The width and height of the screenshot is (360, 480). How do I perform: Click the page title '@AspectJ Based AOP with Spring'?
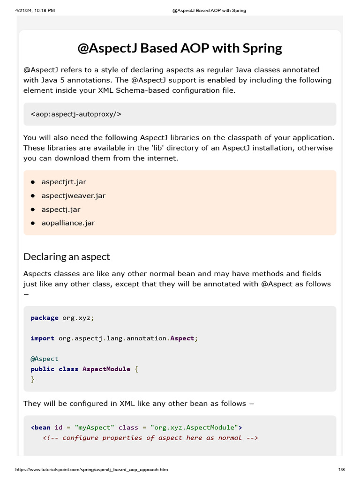[180, 48]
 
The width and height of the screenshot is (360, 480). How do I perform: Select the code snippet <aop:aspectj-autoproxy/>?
[76, 114]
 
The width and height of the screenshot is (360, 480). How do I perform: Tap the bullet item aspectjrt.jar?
[64, 182]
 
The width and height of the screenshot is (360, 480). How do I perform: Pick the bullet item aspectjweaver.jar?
[74, 195]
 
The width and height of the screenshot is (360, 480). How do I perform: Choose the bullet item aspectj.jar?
[61, 210]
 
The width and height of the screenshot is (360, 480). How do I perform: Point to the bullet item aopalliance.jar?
[68, 223]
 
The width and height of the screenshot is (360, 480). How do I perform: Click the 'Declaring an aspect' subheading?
[67, 257]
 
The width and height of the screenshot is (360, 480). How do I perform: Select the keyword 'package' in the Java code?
[45, 318]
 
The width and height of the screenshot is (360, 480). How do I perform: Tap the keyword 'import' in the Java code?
[42, 338]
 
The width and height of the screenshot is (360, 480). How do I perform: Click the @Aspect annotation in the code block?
[45, 359]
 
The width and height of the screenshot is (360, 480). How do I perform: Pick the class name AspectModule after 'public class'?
[106, 369]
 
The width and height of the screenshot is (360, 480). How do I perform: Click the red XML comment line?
[150, 438]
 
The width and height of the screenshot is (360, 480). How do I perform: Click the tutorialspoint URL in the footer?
[91, 470]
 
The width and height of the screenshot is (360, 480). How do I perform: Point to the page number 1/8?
[341, 470]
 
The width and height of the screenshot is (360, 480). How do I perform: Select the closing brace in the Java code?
[33, 379]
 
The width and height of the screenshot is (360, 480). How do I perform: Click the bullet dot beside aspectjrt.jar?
[33, 182]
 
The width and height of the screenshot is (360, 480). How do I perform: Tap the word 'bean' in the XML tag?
[43, 427]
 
